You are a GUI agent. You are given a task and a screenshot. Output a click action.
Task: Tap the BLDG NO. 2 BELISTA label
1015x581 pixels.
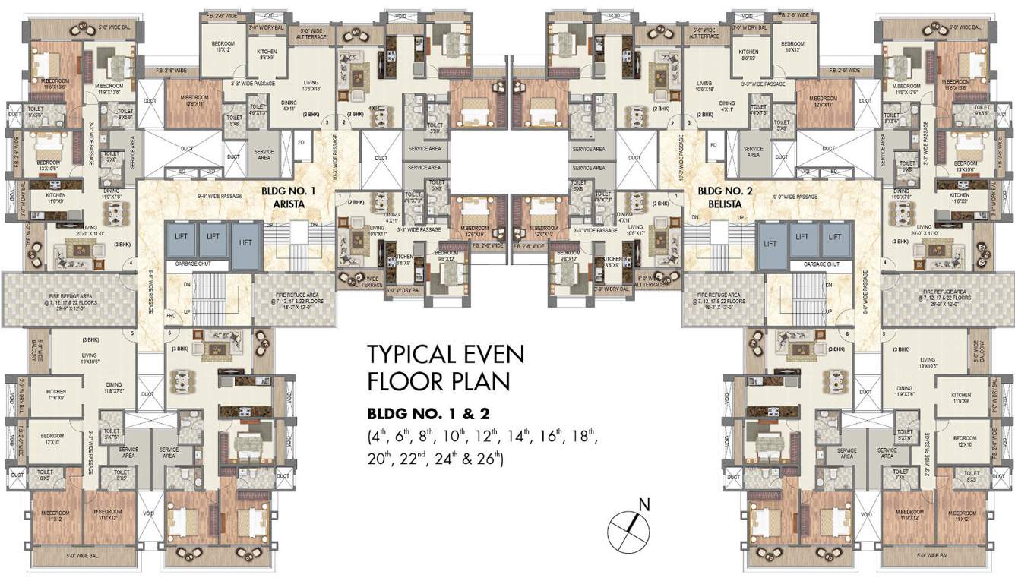[x=725, y=198]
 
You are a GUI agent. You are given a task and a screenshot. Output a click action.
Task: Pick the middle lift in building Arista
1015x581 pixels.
[x=213, y=237]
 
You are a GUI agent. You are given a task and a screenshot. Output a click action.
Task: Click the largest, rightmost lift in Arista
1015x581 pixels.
[x=246, y=242]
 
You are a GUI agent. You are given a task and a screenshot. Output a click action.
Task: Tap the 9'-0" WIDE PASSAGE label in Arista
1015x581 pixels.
[x=220, y=196]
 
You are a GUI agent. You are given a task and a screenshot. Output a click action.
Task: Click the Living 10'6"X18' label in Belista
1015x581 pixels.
[x=704, y=87]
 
